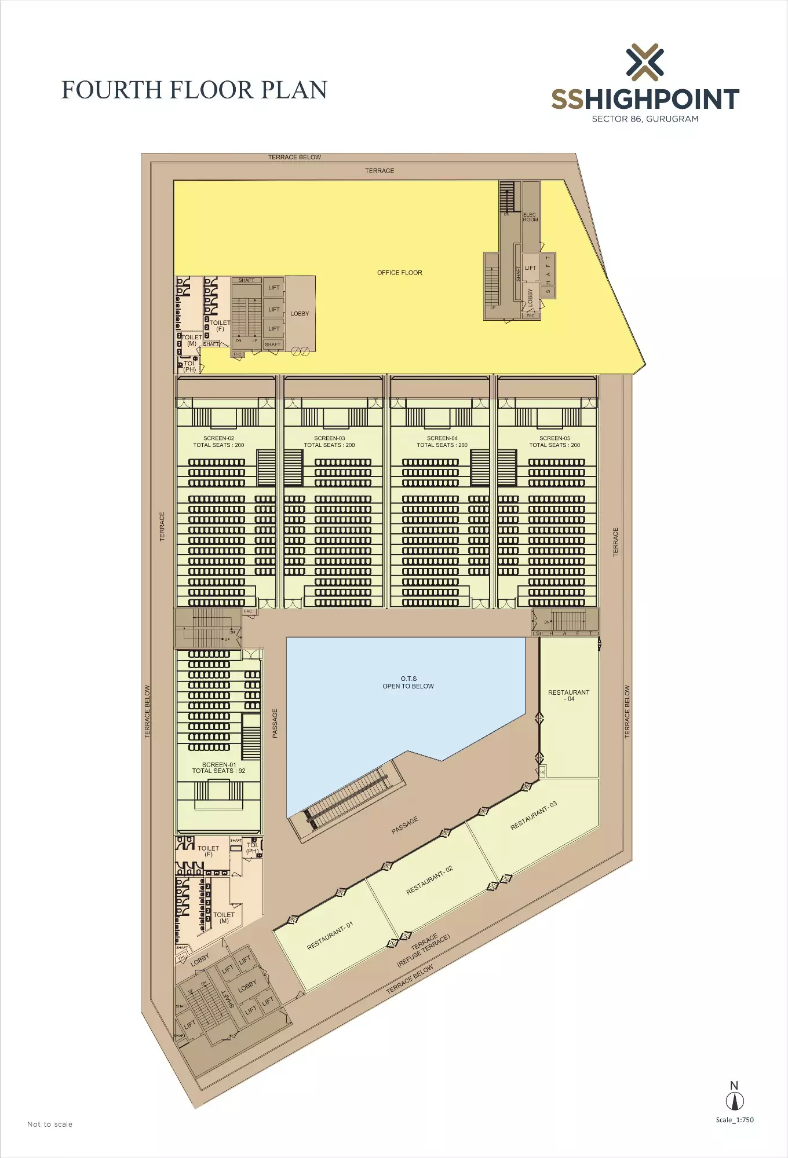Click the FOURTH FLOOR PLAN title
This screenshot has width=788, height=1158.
tap(194, 90)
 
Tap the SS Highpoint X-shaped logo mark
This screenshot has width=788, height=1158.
tap(645, 62)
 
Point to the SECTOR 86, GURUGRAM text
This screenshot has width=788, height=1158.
tap(645, 119)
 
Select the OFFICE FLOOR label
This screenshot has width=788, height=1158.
tap(399, 273)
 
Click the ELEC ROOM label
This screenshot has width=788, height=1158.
tap(530, 217)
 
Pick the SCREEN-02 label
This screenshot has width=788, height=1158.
tap(218, 438)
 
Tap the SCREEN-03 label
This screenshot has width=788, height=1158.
tap(329, 438)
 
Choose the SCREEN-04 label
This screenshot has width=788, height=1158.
tap(442, 438)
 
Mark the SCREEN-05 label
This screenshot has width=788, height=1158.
tap(554, 438)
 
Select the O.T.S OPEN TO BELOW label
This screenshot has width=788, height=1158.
tap(408, 683)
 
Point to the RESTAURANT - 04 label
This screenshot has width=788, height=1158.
tap(568, 695)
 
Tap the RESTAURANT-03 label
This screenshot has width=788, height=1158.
tap(534, 816)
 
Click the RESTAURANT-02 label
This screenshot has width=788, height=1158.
tap(429, 880)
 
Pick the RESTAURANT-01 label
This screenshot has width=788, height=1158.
tap(330, 936)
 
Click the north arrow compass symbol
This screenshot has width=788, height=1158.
tap(735, 1101)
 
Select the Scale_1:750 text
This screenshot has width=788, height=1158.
tap(735, 1120)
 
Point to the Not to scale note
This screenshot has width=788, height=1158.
tap(50, 1124)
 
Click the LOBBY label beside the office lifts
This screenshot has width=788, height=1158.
tap(300, 314)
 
